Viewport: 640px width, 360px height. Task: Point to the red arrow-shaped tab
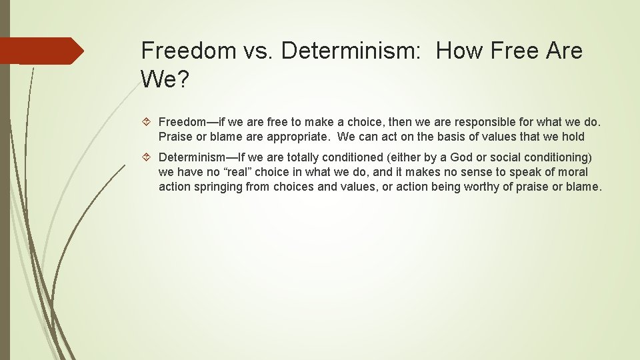[x=41, y=51]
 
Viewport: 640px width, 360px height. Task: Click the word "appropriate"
[x=298, y=137]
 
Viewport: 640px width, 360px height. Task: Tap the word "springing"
[x=217, y=187]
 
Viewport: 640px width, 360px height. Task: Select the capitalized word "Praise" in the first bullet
[x=175, y=137]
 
